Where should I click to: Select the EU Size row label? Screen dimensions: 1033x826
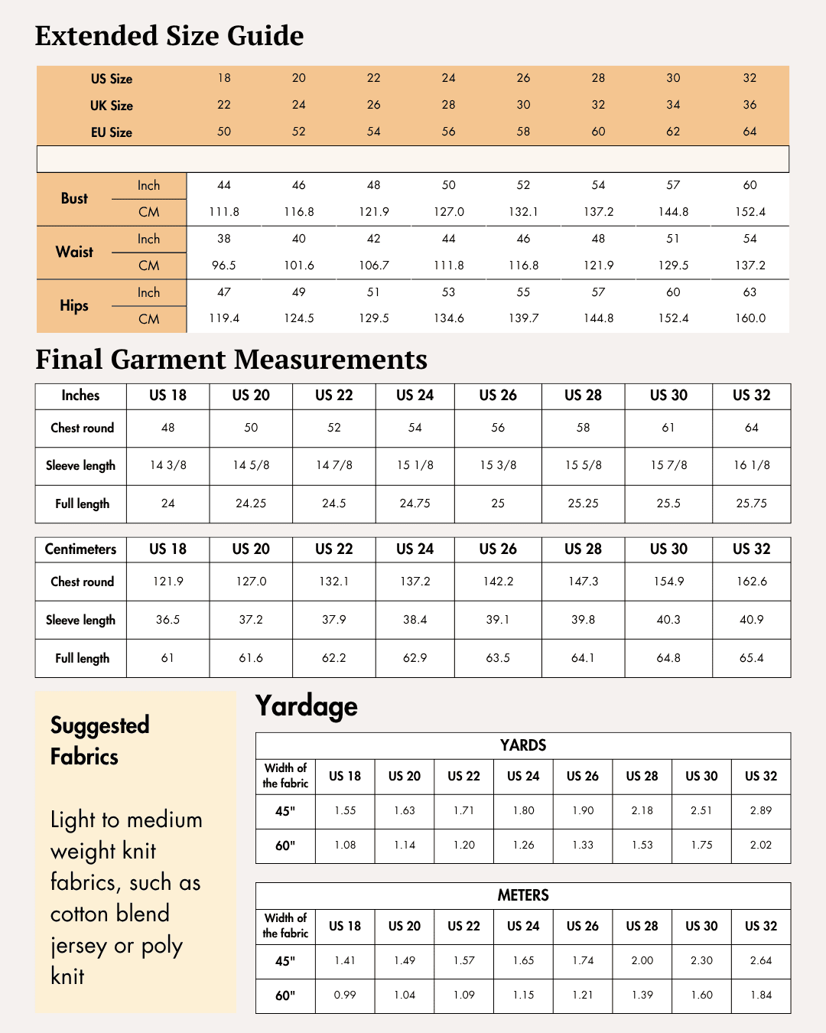click(x=112, y=132)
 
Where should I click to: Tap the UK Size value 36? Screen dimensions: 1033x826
click(x=750, y=105)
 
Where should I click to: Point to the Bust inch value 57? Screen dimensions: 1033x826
click(x=673, y=185)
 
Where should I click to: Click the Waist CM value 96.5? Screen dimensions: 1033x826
click(x=224, y=266)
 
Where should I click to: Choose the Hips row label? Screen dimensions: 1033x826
click(x=74, y=305)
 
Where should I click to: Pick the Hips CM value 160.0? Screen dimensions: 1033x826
click(x=750, y=318)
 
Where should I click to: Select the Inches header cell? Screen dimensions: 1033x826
click(x=80, y=396)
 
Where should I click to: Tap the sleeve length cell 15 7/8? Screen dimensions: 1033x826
click(x=668, y=465)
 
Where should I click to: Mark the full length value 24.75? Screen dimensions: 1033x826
click(x=415, y=503)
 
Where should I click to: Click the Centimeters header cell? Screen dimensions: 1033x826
click(x=80, y=549)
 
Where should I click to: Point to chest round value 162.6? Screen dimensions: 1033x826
click(x=752, y=582)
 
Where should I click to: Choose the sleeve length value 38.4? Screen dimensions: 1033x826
click(x=415, y=620)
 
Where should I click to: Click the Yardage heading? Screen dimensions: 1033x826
click(x=306, y=706)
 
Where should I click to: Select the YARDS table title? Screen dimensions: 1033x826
click(x=523, y=745)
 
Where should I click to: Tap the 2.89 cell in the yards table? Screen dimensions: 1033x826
click(x=761, y=810)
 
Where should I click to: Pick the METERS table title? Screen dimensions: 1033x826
click(x=523, y=895)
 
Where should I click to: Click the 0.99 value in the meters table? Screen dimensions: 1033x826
click(x=345, y=995)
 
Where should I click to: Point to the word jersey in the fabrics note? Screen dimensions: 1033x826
click(x=78, y=947)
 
